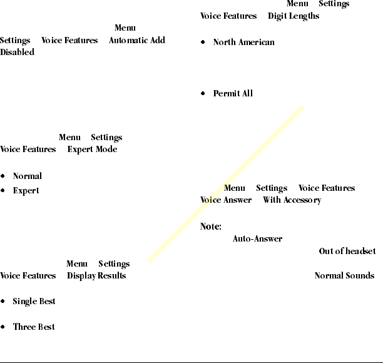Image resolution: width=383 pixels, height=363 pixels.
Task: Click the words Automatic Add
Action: (137, 40)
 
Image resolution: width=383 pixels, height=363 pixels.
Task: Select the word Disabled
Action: (17, 52)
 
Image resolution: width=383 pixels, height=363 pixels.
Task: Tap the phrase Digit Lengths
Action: (294, 16)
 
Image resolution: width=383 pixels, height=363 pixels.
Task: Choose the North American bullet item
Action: (243, 42)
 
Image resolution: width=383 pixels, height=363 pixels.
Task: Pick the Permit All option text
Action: (233, 93)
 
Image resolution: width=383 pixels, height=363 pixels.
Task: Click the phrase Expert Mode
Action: (92, 150)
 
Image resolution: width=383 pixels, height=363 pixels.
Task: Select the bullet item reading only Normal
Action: (28, 176)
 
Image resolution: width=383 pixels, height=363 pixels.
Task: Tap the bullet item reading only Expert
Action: (26, 190)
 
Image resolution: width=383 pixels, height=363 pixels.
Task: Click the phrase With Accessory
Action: (292, 200)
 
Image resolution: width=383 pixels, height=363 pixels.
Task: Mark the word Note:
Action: (211, 227)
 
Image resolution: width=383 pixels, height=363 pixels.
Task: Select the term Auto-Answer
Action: (257, 238)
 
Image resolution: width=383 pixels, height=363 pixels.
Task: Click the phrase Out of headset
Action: (347, 251)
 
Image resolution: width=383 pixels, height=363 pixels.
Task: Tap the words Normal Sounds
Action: (344, 275)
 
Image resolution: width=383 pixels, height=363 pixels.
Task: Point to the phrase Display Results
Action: (96, 275)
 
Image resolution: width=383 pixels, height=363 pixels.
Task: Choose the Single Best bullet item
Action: (34, 301)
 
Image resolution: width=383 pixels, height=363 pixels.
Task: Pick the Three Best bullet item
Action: (34, 327)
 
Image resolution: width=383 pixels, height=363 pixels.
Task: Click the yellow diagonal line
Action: (225, 185)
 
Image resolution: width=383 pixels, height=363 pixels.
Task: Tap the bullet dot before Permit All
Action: (203, 94)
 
